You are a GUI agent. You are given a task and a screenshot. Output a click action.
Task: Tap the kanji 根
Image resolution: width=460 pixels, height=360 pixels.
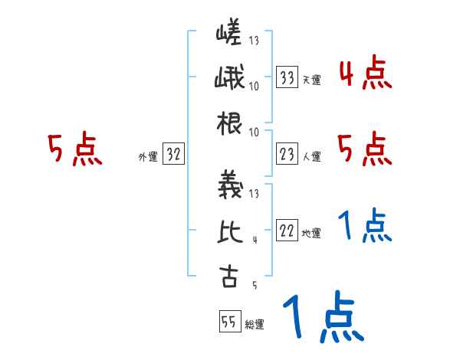(229, 123)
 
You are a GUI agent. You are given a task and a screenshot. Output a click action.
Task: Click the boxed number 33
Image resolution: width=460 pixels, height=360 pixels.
(287, 77)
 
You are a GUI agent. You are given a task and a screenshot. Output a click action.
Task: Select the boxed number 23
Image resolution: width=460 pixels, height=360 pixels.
(287, 154)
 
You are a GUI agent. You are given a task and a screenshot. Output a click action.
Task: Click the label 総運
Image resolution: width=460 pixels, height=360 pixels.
(255, 325)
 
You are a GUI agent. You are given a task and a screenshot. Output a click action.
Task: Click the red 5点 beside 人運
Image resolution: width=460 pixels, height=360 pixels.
(365, 149)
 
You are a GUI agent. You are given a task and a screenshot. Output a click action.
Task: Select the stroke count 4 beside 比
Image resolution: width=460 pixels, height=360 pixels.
(254, 240)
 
